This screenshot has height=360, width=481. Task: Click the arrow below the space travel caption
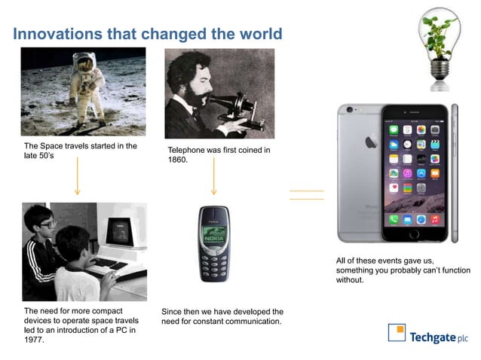[77, 181]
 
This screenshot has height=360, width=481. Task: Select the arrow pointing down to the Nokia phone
[214, 181]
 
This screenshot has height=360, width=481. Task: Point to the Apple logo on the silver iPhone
[370, 141]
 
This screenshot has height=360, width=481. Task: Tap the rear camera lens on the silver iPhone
[348, 111]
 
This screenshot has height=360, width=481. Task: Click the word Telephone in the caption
[188, 151]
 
